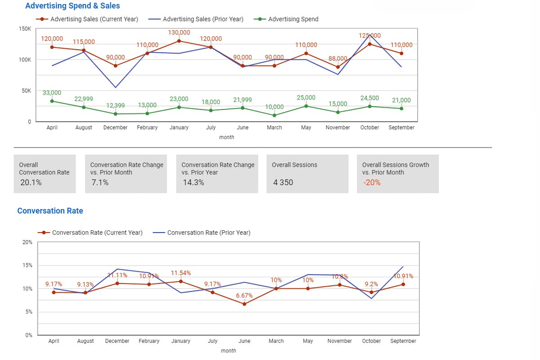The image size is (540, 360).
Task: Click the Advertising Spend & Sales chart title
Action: click(x=72, y=6)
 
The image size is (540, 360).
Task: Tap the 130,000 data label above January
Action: click(x=179, y=33)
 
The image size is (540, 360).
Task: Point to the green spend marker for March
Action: click(x=274, y=116)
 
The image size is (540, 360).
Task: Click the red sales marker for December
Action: click(x=116, y=66)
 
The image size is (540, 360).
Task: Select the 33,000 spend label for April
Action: click(x=52, y=93)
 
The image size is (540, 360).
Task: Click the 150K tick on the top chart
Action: click(x=25, y=29)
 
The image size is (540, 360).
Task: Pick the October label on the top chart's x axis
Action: click(x=369, y=128)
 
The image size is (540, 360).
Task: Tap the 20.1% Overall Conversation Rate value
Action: click(x=31, y=182)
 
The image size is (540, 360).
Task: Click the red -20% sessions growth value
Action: click(x=371, y=182)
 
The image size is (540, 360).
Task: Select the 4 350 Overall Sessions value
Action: click(x=283, y=182)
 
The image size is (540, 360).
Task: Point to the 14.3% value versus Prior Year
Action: click(x=193, y=182)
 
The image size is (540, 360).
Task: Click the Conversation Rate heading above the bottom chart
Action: click(x=50, y=211)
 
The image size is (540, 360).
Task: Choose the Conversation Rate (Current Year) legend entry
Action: click(x=97, y=233)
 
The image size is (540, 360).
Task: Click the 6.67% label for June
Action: click(x=244, y=296)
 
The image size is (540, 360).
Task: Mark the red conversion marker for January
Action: click(x=181, y=282)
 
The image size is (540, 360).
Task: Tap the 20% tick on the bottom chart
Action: click(x=27, y=242)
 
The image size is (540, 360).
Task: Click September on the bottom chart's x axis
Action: click(x=403, y=341)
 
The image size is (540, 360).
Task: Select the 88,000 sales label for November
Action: click(x=338, y=58)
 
